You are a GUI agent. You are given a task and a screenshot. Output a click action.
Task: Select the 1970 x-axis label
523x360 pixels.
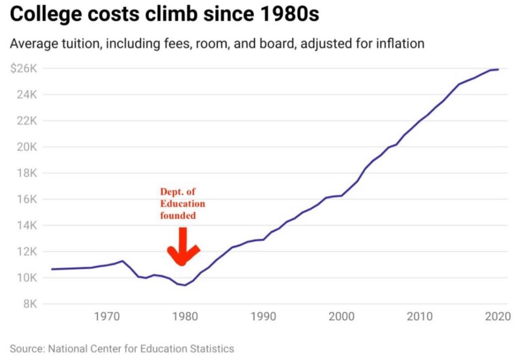(107, 316)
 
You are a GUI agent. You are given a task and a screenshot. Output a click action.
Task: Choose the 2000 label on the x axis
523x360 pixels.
(342, 316)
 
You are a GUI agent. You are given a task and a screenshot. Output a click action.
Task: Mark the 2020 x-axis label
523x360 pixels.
(498, 316)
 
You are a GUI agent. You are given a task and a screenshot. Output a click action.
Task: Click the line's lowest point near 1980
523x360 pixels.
(185, 285)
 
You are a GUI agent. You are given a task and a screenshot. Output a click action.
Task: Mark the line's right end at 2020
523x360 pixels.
(498, 69)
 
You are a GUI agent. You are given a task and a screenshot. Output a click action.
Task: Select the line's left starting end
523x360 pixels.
(52, 269)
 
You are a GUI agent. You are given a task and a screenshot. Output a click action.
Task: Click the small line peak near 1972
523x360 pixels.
(122, 261)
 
